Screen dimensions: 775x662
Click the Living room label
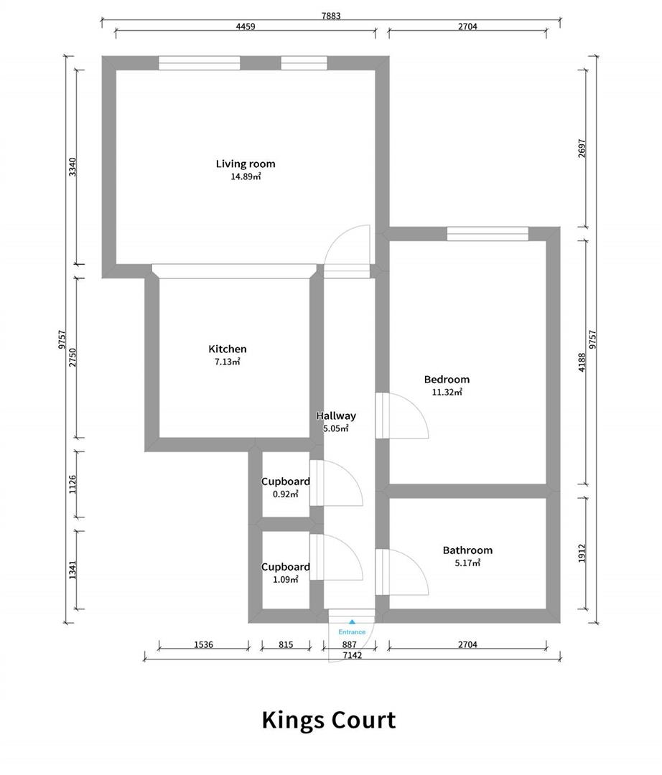click(x=245, y=164)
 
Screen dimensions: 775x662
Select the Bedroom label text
click(x=447, y=380)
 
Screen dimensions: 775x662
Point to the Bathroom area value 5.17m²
click(x=467, y=564)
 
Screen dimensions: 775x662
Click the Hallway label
click(x=336, y=415)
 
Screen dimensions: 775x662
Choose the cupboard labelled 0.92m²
click(x=285, y=487)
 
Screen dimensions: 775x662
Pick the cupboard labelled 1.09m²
click(x=285, y=573)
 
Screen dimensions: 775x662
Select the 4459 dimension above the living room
click(x=245, y=26)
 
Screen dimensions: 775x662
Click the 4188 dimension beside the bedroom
click(x=582, y=362)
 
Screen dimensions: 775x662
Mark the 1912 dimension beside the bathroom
click(x=582, y=553)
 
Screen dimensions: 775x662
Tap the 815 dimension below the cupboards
click(x=285, y=644)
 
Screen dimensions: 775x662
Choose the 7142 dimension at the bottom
click(x=352, y=655)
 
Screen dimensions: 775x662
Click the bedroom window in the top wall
click(x=488, y=233)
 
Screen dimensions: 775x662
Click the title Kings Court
click(x=328, y=719)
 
